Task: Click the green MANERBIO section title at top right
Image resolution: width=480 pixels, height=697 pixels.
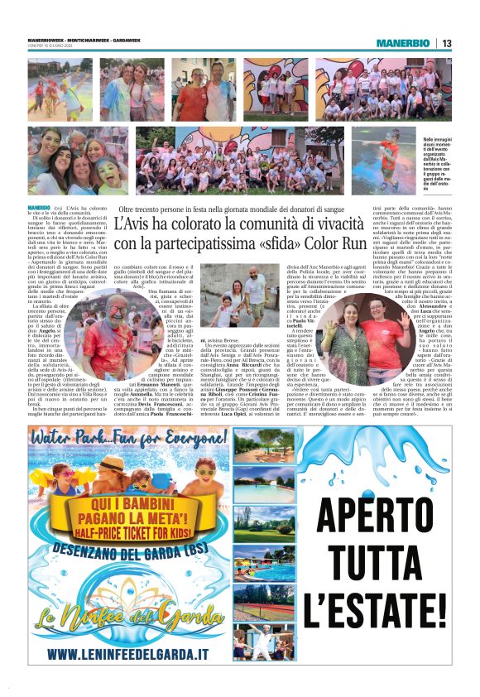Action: [406, 43]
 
